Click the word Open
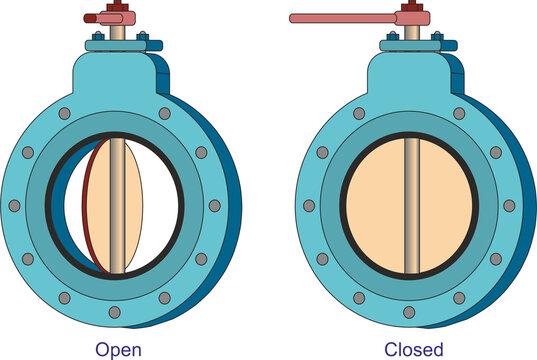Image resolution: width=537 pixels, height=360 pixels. (117, 348)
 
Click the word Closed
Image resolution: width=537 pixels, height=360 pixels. (414, 348)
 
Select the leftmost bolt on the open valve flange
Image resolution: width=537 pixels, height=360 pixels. (14, 206)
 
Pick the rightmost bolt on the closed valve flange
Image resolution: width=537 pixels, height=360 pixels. (510, 206)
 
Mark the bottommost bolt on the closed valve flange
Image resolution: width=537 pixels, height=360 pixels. (410, 312)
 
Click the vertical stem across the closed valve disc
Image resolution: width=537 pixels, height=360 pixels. (410, 205)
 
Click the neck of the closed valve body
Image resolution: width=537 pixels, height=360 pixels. (410, 70)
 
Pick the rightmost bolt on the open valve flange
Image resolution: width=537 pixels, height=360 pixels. (214, 206)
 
